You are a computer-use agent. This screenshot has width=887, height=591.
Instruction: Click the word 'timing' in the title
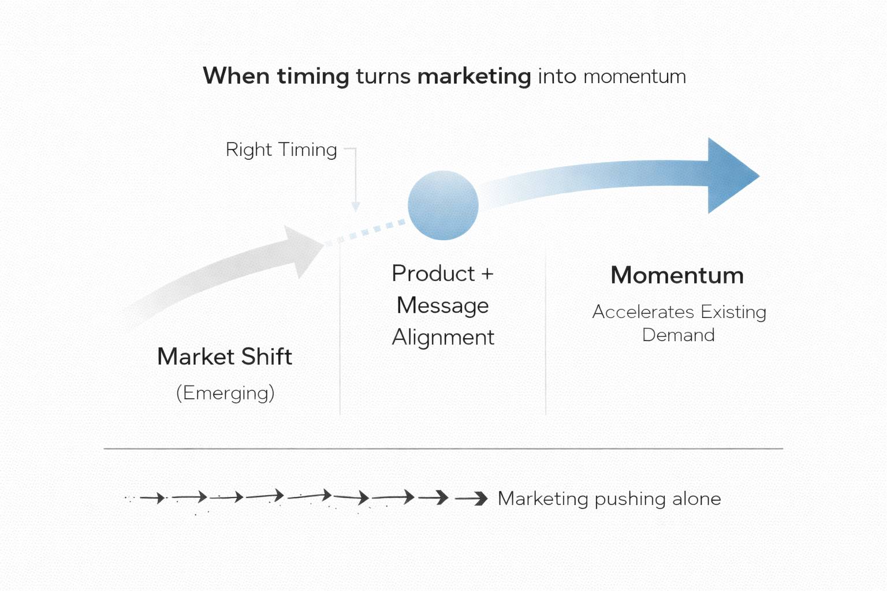[x=312, y=77]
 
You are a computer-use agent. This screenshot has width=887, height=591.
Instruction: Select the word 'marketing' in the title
[x=474, y=77]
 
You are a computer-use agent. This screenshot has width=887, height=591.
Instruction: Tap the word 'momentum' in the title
[x=634, y=77]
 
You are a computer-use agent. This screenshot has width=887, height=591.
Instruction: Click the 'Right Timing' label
[x=281, y=150]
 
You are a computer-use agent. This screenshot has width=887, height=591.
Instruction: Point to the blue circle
[x=443, y=205]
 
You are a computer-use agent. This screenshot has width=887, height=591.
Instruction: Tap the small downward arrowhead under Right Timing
[x=356, y=207]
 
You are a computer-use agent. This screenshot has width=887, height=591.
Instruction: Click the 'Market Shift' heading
[x=225, y=357]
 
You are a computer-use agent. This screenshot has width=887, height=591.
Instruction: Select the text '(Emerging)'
[x=225, y=393]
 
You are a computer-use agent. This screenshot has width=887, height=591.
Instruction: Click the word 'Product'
[x=433, y=274]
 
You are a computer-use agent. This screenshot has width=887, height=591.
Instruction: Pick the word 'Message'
[x=442, y=305]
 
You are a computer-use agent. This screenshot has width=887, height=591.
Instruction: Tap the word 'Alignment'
[x=443, y=337]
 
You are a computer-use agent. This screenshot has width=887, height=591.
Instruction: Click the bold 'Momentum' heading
[x=677, y=275]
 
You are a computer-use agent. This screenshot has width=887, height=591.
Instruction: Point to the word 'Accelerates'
[x=643, y=312]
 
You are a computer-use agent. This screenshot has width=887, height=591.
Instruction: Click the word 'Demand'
[x=678, y=335]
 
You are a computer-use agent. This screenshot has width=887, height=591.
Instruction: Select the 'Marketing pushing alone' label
[x=609, y=499]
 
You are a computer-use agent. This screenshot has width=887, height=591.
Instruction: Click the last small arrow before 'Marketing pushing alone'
[x=472, y=498]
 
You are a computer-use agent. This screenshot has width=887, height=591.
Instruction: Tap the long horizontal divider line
[x=443, y=448]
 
